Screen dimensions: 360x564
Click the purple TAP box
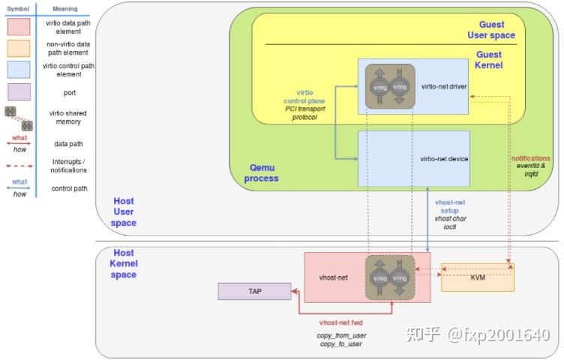254,291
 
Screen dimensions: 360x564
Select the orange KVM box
477,277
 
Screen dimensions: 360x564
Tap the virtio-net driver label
444,86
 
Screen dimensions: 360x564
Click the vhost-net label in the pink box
333,277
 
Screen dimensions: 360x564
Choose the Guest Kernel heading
489,60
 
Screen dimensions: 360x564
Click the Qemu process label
261,174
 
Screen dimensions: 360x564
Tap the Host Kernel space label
124,264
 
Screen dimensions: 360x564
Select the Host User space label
124,211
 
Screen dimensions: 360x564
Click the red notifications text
530,158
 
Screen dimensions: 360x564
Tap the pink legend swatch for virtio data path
17,27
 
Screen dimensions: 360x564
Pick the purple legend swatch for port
17,91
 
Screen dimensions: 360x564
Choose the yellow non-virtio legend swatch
17,49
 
